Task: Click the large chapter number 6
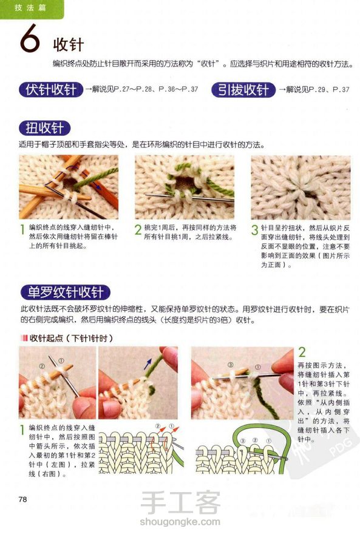[30, 38]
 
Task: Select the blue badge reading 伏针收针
[51, 90]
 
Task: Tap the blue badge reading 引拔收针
[243, 90]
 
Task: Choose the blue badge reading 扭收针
[44, 129]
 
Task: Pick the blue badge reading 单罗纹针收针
[65, 292]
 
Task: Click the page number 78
[23, 499]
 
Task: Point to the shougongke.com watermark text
[180, 521]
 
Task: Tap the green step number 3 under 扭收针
[255, 230]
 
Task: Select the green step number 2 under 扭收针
[138, 230]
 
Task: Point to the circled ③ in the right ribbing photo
[231, 365]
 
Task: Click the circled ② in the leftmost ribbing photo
[42, 366]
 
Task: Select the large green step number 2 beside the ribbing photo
[302, 352]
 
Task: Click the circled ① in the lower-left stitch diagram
[171, 426]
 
